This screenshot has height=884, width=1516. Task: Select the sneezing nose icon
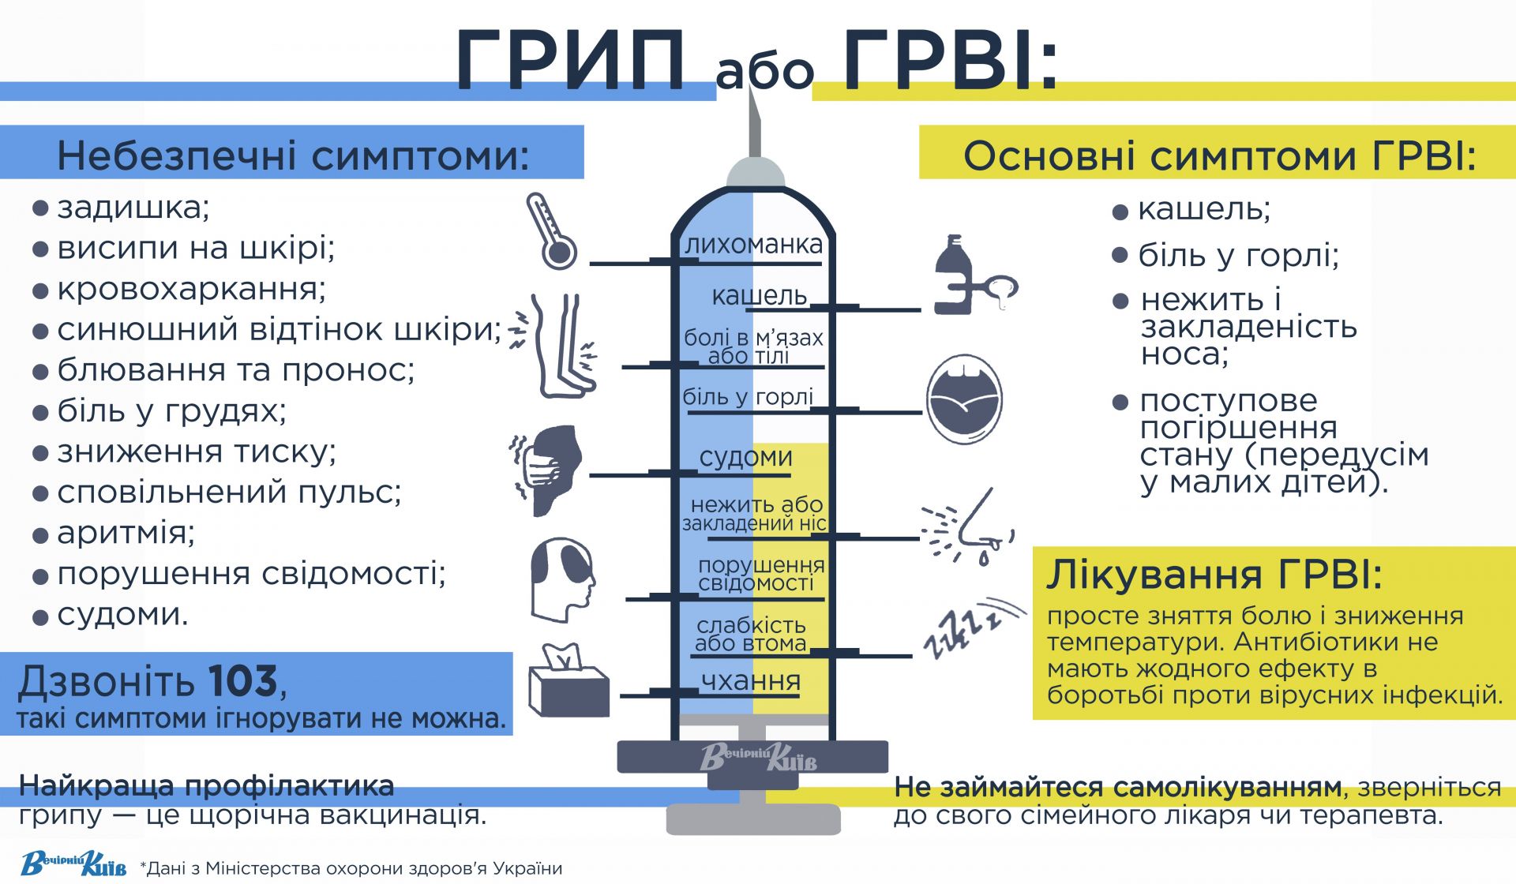[969, 527]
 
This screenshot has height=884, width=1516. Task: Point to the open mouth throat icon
[963, 399]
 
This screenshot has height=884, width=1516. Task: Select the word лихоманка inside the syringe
[753, 245]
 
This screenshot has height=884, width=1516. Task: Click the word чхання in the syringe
[751, 680]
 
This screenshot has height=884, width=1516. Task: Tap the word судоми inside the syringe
[746, 457]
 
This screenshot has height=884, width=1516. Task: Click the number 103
[243, 681]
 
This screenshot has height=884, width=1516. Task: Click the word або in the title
[764, 71]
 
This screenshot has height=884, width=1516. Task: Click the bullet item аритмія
[125, 533]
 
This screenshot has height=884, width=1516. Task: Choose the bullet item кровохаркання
[191, 289]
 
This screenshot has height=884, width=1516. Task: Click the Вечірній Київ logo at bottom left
[73, 863]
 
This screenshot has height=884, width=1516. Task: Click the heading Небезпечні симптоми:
[293, 155]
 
